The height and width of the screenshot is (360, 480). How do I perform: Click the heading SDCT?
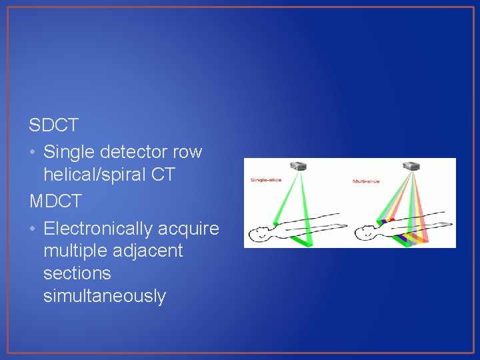(x=54, y=125)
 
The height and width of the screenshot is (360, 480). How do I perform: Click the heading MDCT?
(x=55, y=201)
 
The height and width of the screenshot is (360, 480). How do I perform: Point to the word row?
(x=187, y=152)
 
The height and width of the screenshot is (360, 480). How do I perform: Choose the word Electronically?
(x=98, y=229)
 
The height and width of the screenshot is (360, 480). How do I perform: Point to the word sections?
(x=77, y=274)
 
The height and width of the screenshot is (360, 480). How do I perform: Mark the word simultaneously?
(x=104, y=296)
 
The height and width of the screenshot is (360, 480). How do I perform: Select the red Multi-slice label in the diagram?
(x=366, y=181)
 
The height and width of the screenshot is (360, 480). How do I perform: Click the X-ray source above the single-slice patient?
(x=295, y=165)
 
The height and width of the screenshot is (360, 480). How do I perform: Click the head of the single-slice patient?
(x=258, y=234)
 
